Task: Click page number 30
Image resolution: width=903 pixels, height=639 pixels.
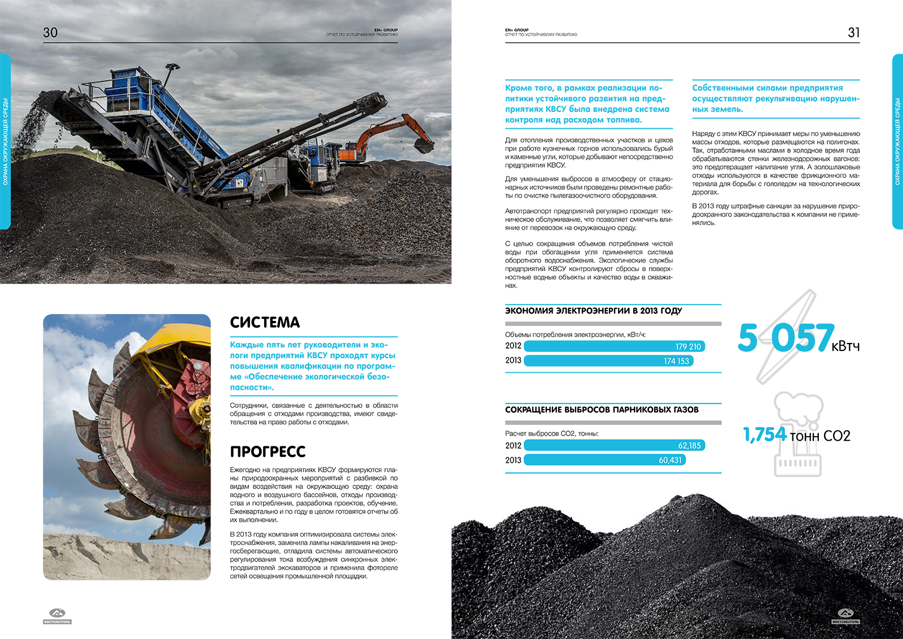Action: pos(50,33)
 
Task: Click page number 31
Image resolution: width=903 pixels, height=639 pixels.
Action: pos(853,33)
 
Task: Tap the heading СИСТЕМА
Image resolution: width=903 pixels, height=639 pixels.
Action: pos(265,323)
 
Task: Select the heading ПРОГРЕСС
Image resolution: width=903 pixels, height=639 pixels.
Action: pos(268,452)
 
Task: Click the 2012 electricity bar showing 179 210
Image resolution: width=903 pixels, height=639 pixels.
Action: pos(614,346)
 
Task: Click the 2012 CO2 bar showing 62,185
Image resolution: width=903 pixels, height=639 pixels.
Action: pos(614,445)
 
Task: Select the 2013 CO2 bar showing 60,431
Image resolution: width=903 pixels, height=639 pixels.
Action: pos(604,460)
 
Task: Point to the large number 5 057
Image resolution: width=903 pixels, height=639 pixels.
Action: pos(785,338)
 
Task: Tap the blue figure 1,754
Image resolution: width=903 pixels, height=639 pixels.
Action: pos(765,434)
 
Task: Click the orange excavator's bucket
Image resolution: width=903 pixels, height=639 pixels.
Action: pos(424,145)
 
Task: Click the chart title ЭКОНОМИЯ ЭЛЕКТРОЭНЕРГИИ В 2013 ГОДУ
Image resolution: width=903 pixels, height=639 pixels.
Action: pos(593,311)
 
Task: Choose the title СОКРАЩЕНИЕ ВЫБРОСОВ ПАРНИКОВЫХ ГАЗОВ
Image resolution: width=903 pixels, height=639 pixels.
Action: pos(602,410)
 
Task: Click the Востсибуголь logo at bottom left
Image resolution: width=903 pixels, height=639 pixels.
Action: pos(57,616)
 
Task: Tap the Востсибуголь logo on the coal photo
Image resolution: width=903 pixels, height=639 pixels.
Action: pos(845,616)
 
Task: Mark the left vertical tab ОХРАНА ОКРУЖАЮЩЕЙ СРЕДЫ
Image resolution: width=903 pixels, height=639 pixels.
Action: pos(5,141)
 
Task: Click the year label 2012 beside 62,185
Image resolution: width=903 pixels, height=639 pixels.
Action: pos(513,445)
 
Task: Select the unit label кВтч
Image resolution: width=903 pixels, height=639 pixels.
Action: pos(845,346)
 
